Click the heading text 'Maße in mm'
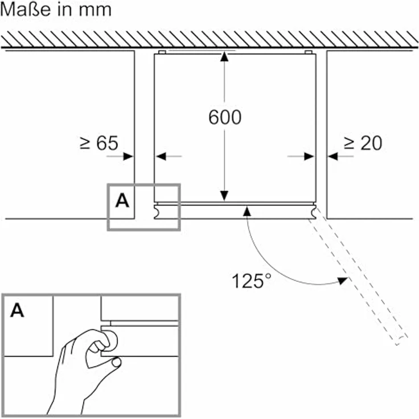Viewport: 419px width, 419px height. pos(56,10)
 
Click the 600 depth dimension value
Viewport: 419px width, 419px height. pos(225,117)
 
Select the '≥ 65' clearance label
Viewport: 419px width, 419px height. pos(99,143)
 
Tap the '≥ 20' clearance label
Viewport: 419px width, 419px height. pos(363,143)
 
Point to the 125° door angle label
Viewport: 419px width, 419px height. pos(251,281)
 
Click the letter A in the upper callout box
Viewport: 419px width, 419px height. pos(122,201)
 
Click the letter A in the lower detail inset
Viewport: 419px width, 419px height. pos(17,310)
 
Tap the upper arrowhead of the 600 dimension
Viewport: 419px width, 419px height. pos(224,57)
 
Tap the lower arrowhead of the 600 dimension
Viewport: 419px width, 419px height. pos(224,196)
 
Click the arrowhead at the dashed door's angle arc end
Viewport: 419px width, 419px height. pos(343,281)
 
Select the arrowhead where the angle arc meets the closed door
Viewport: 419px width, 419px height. pos(247,211)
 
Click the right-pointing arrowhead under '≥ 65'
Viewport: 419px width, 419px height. pos(128,157)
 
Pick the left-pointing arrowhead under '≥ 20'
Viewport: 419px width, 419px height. pos(332,157)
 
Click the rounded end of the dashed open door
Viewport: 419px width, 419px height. pos(401,339)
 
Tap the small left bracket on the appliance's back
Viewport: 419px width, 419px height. pos(162,52)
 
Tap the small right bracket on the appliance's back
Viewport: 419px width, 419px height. pos(309,52)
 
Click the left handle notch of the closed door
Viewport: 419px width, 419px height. pos(157,212)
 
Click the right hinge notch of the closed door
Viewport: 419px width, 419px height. pos(314,212)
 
